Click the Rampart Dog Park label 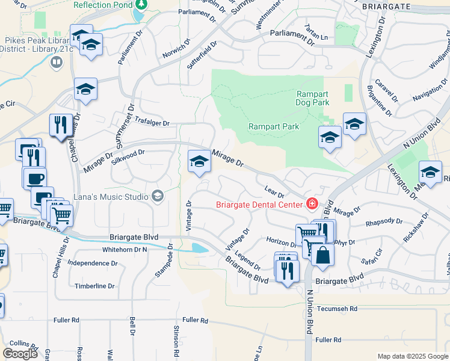[312, 98]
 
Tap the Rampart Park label [274, 126]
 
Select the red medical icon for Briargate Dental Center [312, 204]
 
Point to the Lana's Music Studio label [111, 196]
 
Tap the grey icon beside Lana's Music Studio [158, 196]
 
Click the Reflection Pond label [102, 5]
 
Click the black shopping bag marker [323, 255]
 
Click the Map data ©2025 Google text [412, 356]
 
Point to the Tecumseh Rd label [337, 309]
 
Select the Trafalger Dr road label [152, 123]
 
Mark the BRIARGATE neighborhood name [386, 7]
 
